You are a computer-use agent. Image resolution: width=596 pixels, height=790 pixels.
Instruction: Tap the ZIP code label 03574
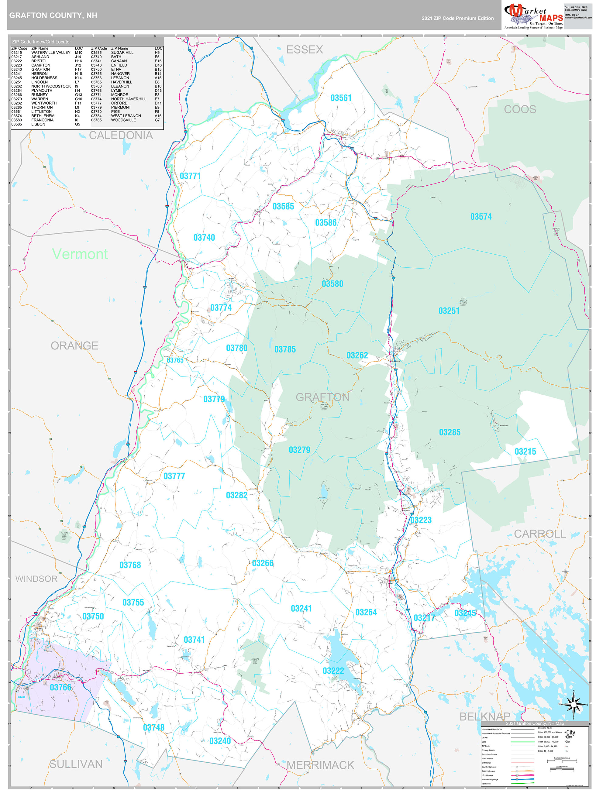point(481,216)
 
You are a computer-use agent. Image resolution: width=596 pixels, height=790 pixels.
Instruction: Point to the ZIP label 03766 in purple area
point(60,687)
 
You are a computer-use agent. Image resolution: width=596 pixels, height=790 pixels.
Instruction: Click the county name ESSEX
point(305,50)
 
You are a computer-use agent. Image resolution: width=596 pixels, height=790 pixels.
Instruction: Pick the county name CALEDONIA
point(120,135)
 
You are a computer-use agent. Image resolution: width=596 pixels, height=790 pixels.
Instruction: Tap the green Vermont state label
point(80,254)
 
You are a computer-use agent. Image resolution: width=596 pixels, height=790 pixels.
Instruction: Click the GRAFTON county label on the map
point(322,397)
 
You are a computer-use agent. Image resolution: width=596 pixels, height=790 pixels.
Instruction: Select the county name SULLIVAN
point(76,764)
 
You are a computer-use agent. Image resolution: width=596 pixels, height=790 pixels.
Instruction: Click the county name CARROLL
point(539,534)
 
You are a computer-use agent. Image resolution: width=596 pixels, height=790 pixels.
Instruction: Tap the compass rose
point(573,704)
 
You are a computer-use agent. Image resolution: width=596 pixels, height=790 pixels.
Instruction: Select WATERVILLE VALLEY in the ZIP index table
point(51,53)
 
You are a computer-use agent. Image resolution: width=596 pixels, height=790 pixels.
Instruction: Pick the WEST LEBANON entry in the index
point(126,116)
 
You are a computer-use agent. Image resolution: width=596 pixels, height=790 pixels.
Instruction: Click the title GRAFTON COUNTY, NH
point(53,15)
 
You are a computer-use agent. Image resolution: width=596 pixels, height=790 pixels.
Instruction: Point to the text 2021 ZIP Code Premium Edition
point(457,18)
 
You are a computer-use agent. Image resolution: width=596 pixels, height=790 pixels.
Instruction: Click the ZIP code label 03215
point(525,452)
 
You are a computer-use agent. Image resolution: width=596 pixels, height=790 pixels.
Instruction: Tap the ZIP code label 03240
point(220,741)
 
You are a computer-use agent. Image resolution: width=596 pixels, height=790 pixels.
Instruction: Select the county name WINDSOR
point(36,579)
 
